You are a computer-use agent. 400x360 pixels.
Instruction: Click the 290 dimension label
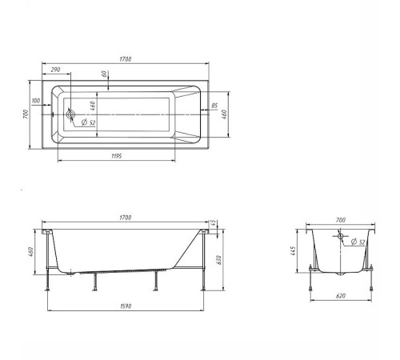click(55, 70)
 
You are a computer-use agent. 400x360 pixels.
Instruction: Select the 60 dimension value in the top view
click(105, 74)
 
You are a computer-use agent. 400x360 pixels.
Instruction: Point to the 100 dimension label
click(36, 101)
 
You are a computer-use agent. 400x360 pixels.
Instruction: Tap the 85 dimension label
click(214, 106)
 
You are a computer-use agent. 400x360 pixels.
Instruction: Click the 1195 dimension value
click(117, 156)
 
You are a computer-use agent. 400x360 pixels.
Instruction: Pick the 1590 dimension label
click(126, 306)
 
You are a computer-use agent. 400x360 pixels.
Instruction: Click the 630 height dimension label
click(219, 260)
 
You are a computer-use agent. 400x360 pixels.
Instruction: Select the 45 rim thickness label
click(213, 223)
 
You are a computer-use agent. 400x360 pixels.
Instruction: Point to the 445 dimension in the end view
click(293, 251)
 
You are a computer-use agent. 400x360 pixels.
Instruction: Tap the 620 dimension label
click(341, 296)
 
